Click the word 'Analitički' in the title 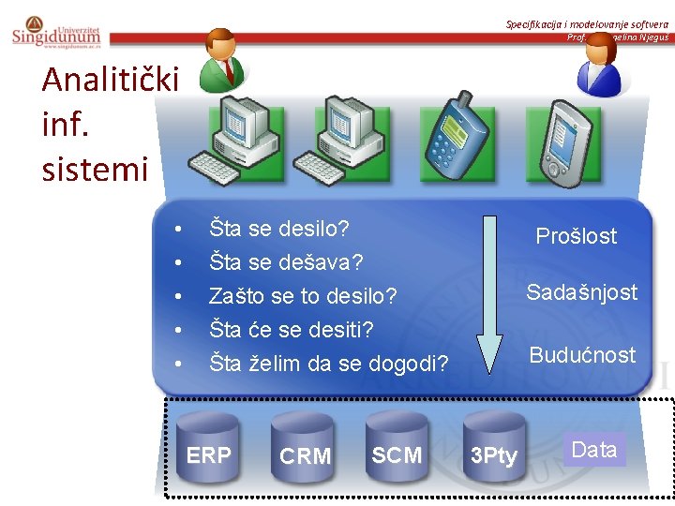[111, 81]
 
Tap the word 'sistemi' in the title [95, 170]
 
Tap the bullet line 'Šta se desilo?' [278, 229]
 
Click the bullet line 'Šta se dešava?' [286, 262]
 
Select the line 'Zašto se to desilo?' [303, 296]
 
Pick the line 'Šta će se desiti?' [291, 330]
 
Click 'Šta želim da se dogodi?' [328, 364]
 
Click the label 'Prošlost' [576, 236]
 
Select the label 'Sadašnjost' [581, 292]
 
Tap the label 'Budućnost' [582, 355]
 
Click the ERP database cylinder [209, 455]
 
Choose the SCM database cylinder [397, 455]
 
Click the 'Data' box [594, 450]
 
